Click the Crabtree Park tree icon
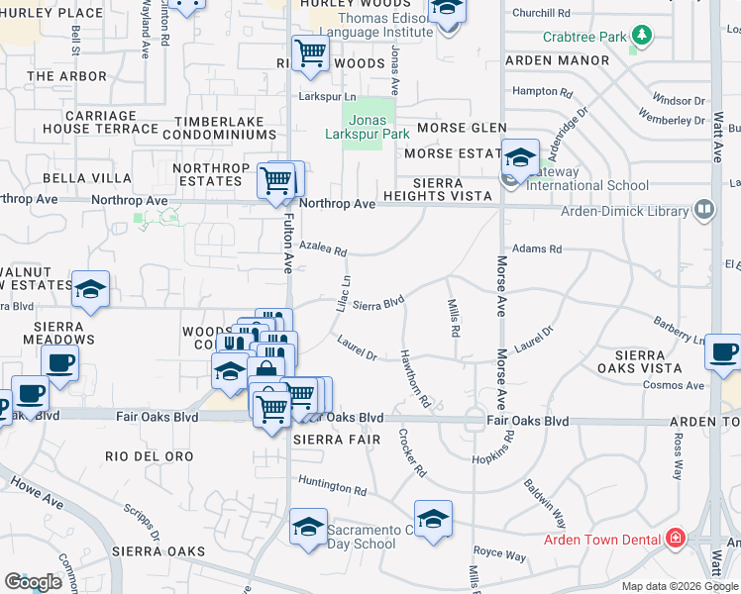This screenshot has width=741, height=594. [642, 37]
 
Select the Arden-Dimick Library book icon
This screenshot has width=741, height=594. [704, 210]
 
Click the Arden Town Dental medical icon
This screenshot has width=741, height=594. [676, 539]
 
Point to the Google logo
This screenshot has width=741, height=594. [33, 582]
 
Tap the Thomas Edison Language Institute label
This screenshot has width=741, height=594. [371, 25]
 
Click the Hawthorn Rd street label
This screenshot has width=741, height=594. [415, 379]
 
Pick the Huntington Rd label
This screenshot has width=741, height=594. [332, 488]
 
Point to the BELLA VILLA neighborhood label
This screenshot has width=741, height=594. [87, 178]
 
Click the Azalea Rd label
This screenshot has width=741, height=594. [323, 248]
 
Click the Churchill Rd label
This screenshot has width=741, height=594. [542, 14]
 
